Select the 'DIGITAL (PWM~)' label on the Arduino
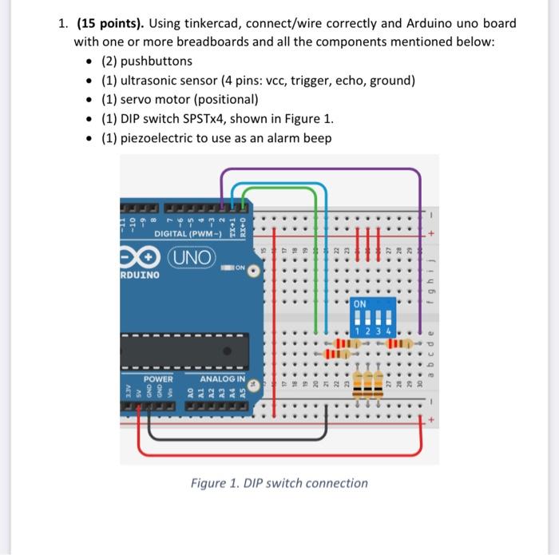pos(188,233)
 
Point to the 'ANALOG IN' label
pos(222,378)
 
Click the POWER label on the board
pos(158,378)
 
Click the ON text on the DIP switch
pos(360,304)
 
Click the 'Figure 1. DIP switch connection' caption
pos(279,483)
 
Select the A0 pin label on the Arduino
pos(189,393)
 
